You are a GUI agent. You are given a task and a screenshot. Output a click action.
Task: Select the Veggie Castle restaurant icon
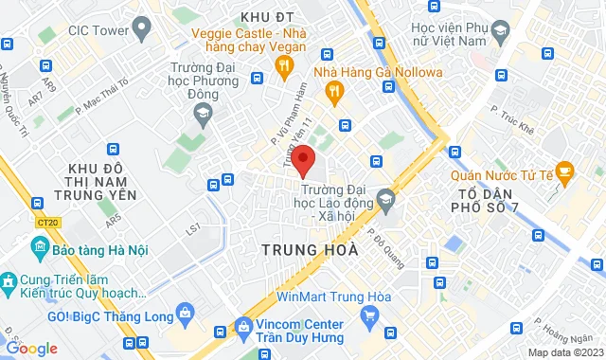pos(282,65)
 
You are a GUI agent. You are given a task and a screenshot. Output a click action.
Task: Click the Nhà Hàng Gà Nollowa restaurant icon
pos(332,91)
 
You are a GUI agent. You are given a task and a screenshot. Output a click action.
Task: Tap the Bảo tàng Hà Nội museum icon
pos(41,248)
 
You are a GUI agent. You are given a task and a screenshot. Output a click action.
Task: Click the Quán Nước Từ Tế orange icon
pos(566,171)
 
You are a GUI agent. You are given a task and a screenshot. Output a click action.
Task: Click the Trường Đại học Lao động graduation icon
pos(385,198)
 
